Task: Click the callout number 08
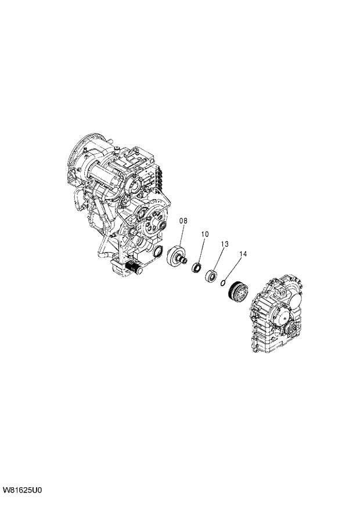[183, 221]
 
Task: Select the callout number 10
[204, 234]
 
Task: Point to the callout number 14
[243, 254]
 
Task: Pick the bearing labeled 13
[210, 274]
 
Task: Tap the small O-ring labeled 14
[223, 282]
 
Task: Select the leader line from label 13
[218, 258]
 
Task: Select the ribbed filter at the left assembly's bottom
[133, 268]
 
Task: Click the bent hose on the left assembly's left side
[80, 203]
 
